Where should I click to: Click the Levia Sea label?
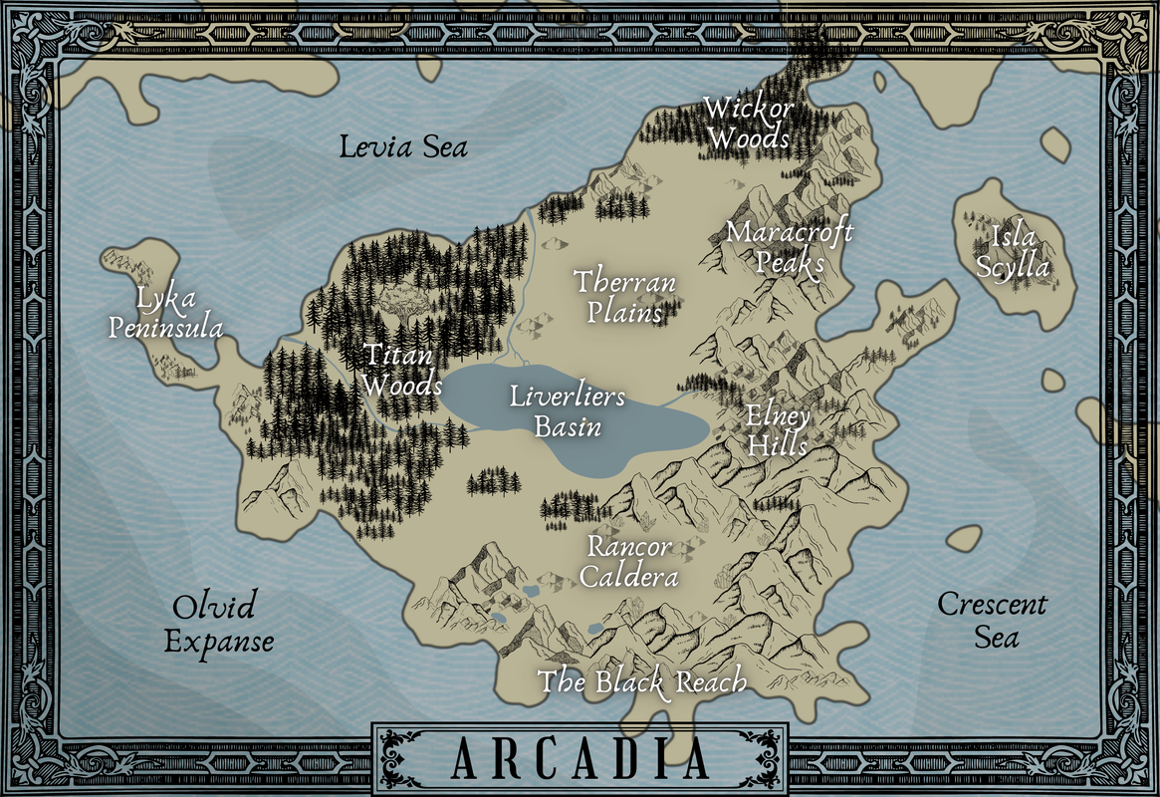(403, 147)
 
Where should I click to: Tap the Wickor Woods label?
(747, 122)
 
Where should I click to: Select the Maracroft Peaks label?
(789, 247)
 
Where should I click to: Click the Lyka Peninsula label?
(165, 313)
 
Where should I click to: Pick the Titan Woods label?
(401, 369)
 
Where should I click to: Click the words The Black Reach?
(642, 682)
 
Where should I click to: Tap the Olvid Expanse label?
(218, 624)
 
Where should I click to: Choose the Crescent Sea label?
(992, 620)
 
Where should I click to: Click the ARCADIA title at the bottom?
(580, 759)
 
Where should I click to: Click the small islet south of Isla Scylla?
(1051, 380)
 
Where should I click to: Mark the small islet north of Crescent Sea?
(963, 538)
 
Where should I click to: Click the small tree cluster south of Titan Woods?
(494, 481)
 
